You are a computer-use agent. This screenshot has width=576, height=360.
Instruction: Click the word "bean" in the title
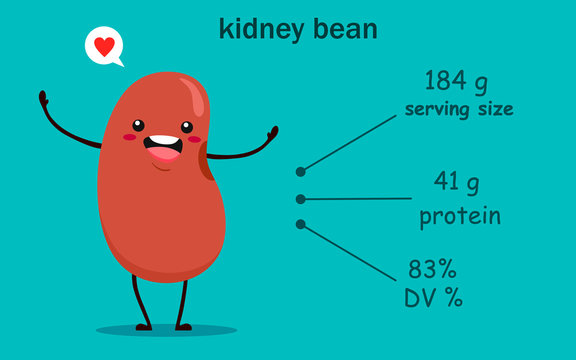coord(346,29)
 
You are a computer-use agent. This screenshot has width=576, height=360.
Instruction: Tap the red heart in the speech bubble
coord(103,45)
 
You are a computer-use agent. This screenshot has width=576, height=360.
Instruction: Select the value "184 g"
coord(458,80)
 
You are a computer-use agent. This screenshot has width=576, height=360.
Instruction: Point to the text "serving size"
coord(459,108)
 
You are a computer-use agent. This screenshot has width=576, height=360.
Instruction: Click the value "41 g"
coord(457,182)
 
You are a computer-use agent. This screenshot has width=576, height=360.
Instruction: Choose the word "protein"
coord(460,215)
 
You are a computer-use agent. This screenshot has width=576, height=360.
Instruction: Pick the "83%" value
coord(432,269)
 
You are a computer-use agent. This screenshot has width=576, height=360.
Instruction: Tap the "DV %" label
coord(433,297)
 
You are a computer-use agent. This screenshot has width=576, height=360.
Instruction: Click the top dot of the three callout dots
coord(301,171)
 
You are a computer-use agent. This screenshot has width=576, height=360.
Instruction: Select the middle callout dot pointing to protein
coord(300,199)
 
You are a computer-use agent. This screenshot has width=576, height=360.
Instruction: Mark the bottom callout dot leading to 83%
coord(300,224)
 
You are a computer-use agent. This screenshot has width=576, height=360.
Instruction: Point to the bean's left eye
coord(139,127)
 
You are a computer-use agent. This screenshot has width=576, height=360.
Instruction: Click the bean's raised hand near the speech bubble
coord(43,98)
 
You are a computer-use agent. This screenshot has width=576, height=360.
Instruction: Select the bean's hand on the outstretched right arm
coord(272,133)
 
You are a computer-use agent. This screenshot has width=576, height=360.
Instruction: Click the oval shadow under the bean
coord(166,329)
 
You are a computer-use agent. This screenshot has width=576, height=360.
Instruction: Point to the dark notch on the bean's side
coord(206,160)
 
